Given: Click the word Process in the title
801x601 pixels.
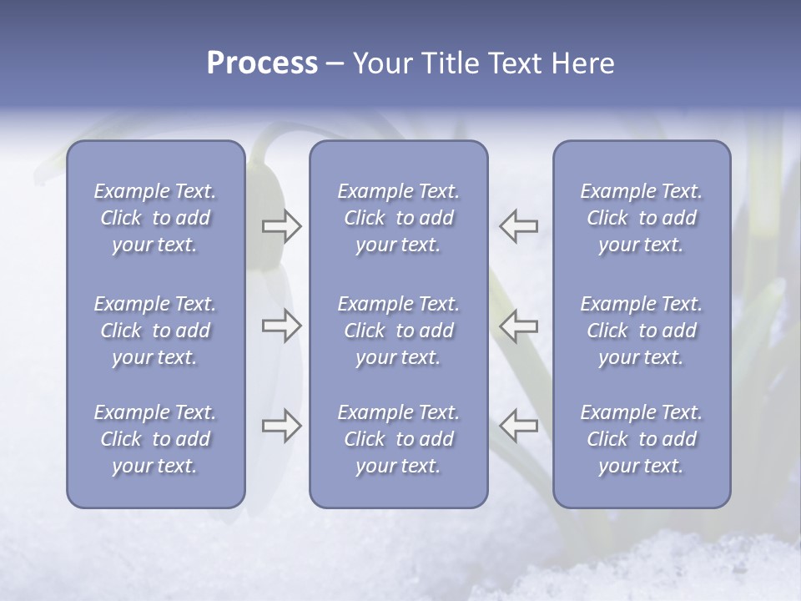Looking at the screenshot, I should [262, 63].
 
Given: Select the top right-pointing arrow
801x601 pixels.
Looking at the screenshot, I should [281, 226].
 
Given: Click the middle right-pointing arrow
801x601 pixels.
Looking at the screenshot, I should [281, 326].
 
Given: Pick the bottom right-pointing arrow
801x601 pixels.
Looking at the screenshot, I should [281, 426].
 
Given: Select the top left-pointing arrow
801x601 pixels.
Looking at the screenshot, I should [518, 226].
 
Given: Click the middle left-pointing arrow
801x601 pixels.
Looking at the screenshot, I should [518, 326].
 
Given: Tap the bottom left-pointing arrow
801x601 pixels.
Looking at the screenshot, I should [518, 426].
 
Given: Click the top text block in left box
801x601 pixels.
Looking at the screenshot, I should [155, 218].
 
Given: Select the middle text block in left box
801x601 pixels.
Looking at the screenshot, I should [155, 331].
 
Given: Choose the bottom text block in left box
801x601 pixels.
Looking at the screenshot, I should [155, 439].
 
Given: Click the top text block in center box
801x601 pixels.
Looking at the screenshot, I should [398, 218].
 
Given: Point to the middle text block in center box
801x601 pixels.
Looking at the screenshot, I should [398, 331].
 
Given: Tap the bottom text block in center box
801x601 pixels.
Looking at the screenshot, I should [398, 439].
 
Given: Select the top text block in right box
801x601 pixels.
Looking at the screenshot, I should [642, 218].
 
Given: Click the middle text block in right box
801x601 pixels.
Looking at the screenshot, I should [642, 331].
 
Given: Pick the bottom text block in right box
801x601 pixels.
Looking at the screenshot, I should [642, 439].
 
